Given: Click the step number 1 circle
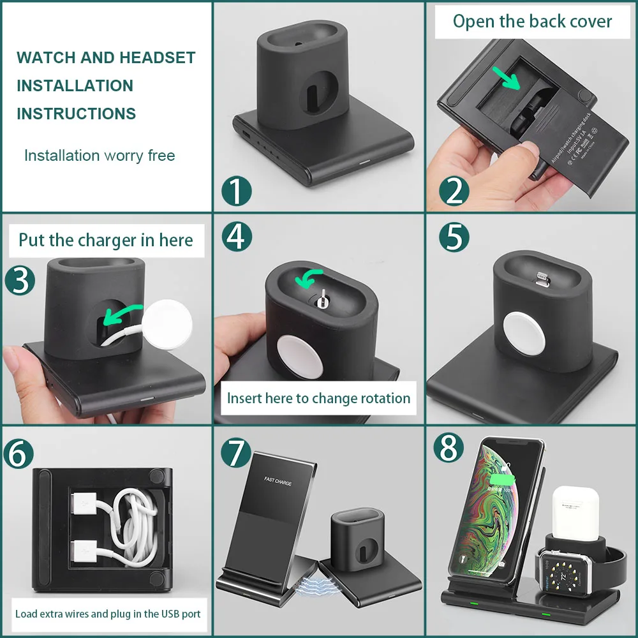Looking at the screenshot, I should [237, 191].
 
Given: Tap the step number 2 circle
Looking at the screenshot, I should [454, 191].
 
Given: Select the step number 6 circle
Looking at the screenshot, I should [20, 454].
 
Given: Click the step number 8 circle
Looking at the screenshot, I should [449, 448].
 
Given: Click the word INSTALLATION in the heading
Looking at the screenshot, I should [75, 85].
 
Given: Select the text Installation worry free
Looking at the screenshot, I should [100, 156].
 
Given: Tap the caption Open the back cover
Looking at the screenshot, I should [532, 22].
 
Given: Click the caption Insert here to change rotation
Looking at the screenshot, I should [318, 399].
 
